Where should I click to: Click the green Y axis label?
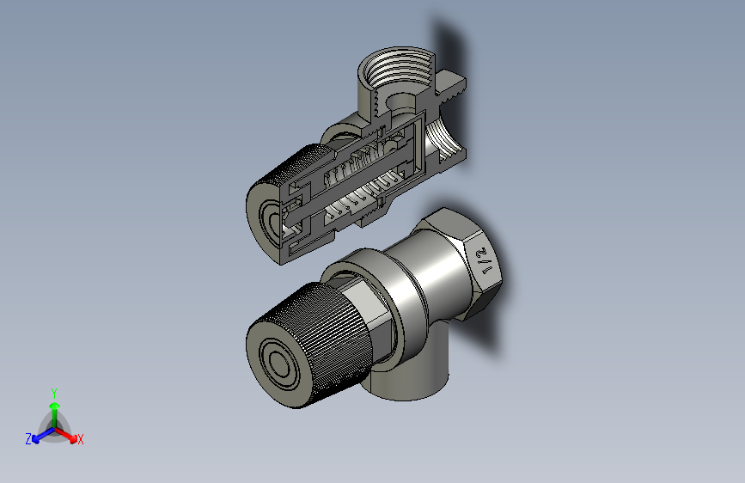(x=54, y=393)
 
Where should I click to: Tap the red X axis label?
(x=80, y=439)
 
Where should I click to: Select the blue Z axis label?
(x=28, y=439)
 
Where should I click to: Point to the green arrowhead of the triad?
(x=55, y=406)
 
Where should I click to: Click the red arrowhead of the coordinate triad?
(x=73, y=437)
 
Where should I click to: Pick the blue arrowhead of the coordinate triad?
(x=36, y=439)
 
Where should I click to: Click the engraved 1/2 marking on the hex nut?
(x=485, y=260)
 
